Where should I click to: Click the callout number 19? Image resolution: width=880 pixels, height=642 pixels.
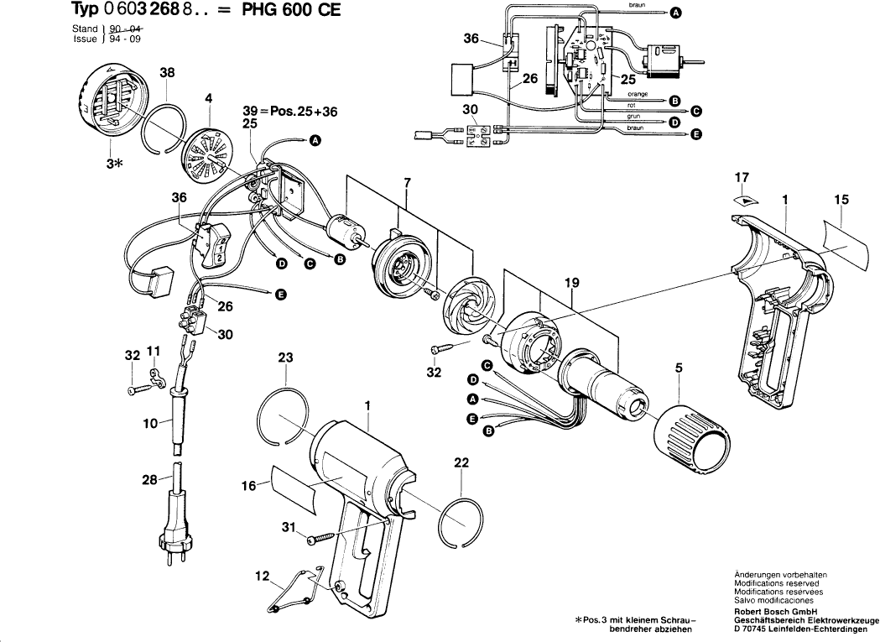[x=572, y=284]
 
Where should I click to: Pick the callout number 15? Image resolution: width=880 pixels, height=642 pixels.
[x=841, y=200]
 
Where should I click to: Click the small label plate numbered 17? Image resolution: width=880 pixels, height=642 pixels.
[x=742, y=200]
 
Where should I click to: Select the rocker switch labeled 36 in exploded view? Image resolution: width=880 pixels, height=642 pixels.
[x=211, y=243]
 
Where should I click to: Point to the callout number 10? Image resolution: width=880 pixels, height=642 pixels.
[x=150, y=425]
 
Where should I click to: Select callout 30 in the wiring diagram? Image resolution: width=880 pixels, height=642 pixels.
[x=471, y=110]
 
